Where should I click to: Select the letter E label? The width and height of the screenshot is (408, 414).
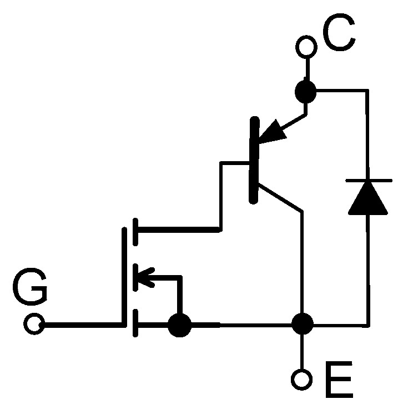coord(336,380)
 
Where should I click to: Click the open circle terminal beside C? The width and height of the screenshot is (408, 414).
coord(305,46)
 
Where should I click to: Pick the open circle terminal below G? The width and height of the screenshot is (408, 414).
coord(35,324)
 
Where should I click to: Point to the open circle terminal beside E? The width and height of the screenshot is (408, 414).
coord(303,380)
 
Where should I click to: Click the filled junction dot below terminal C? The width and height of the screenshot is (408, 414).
coord(305,91)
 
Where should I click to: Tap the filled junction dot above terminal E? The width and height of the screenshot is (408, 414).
coord(303,324)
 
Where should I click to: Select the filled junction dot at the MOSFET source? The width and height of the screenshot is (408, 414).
coord(179,325)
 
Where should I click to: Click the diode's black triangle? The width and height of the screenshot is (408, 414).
coord(368,198)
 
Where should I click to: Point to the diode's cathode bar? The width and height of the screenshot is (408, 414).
coord(368,181)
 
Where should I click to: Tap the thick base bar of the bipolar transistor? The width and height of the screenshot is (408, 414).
coord(254,161)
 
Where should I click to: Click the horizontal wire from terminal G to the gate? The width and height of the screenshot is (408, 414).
coord(83,324)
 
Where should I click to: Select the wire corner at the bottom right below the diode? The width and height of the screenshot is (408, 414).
coord(368,324)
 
